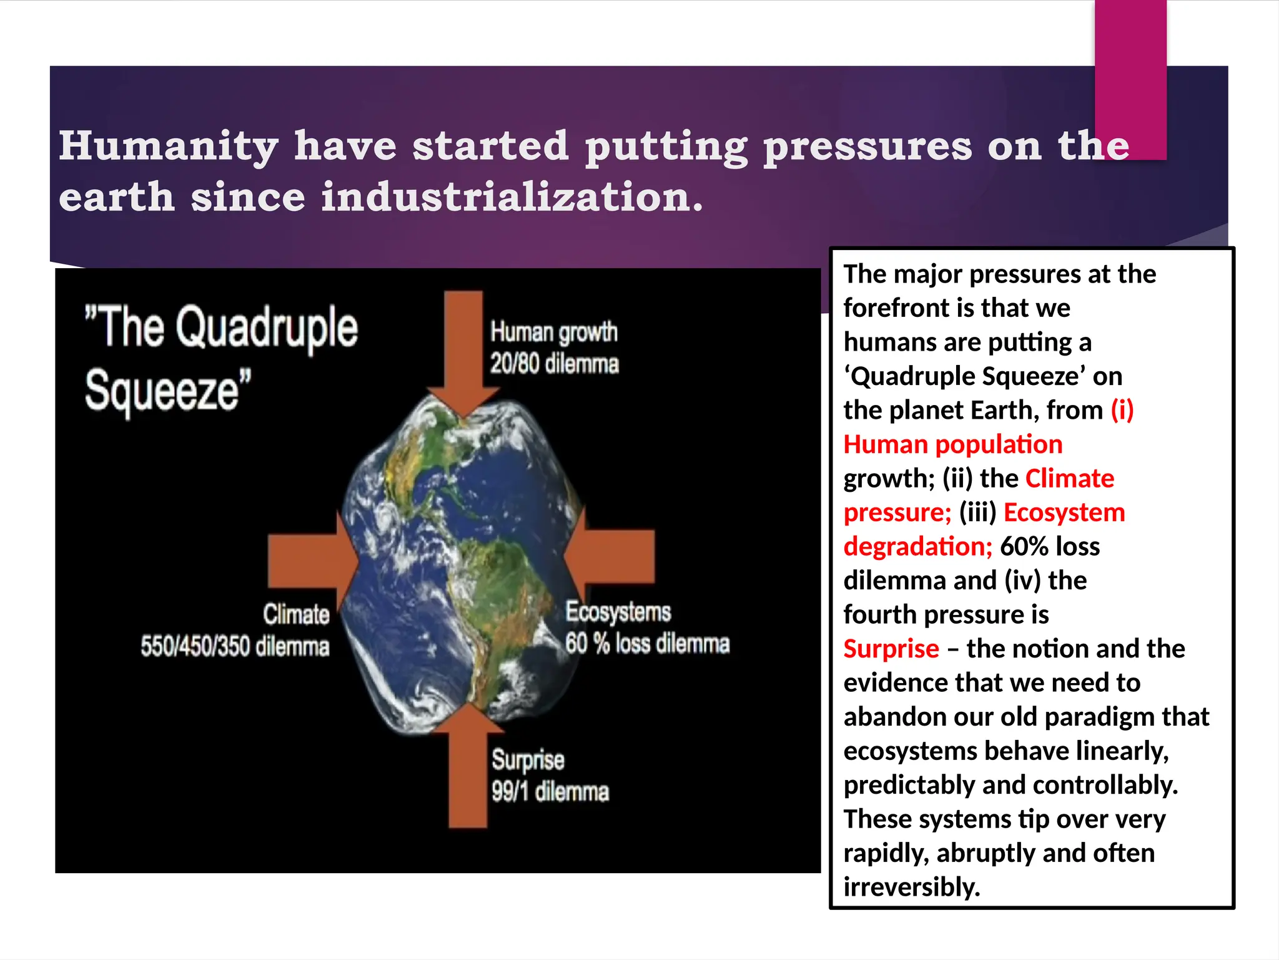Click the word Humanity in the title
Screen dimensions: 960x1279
[x=169, y=146]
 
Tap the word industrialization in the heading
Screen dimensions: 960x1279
[x=511, y=197]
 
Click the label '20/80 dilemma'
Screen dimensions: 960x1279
[x=554, y=364]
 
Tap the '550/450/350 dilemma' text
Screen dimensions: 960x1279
[x=235, y=646]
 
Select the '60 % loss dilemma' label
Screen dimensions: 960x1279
[x=647, y=644]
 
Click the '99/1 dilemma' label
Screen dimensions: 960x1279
[x=550, y=792]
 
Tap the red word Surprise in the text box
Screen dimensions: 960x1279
[x=891, y=649]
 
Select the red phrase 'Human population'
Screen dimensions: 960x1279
[x=952, y=444]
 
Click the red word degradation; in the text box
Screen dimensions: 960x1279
[x=917, y=547]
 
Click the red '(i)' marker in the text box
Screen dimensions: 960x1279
[x=1122, y=411]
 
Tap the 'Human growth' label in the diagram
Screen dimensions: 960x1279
[x=553, y=332]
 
